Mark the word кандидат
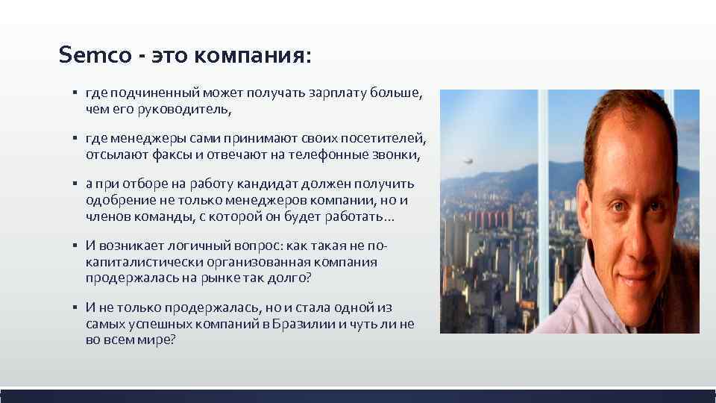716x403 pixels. pyautogui.click(x=277, y=184)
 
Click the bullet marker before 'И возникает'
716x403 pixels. pyautogui.click(x=75, y=246)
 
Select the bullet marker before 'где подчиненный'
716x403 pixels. pyautogui.click(x=75, y=93)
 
